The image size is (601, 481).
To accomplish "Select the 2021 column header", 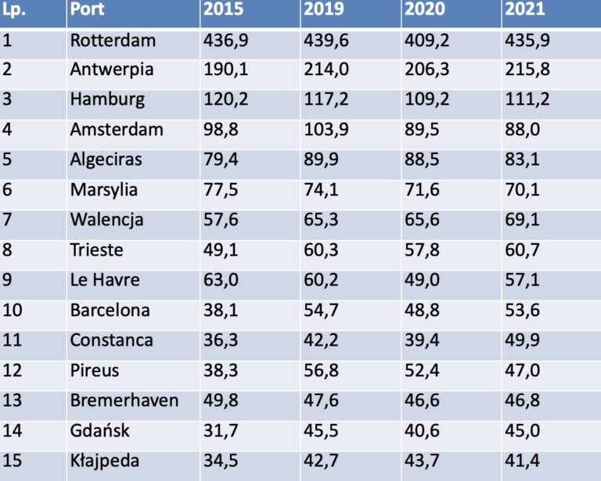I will coord(525,10).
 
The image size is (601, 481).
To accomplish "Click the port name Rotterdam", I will coord(113,41).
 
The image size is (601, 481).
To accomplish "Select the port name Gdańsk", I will coord(99,430).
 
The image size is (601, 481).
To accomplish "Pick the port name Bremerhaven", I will coord(124,400).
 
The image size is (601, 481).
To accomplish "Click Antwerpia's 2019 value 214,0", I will coord(326,70).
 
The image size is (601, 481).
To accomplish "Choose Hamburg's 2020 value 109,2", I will coord(427,100).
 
